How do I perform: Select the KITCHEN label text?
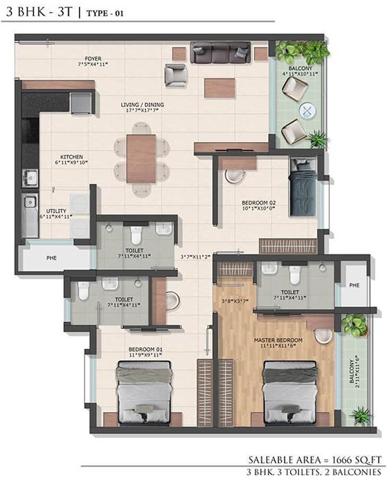tap(71, 157)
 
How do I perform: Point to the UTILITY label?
tap(56, 211)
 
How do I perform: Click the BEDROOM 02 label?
tap(258, 203)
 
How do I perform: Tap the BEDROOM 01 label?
tap(145, 349)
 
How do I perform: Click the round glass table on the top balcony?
tap(307, 110)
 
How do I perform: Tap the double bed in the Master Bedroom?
tap(289, 393)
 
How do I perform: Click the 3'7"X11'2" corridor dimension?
tap(196, 257)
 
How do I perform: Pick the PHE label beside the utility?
tap(51, 259)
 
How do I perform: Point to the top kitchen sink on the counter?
tap(30, 176)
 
